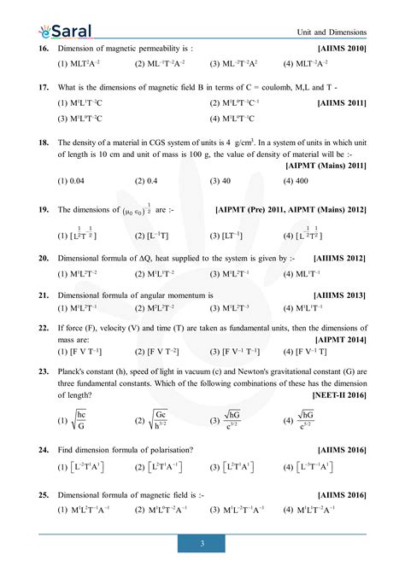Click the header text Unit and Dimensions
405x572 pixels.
click(x=332, y=32)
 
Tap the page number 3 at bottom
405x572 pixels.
click(x=202, y=543)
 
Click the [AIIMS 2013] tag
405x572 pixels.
click(x=341, y=295)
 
